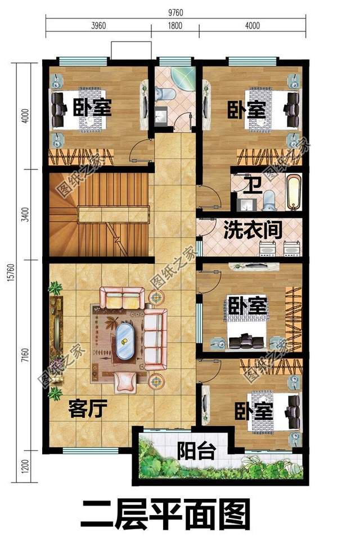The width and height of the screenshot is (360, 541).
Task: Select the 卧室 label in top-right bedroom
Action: tap(246, 109)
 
